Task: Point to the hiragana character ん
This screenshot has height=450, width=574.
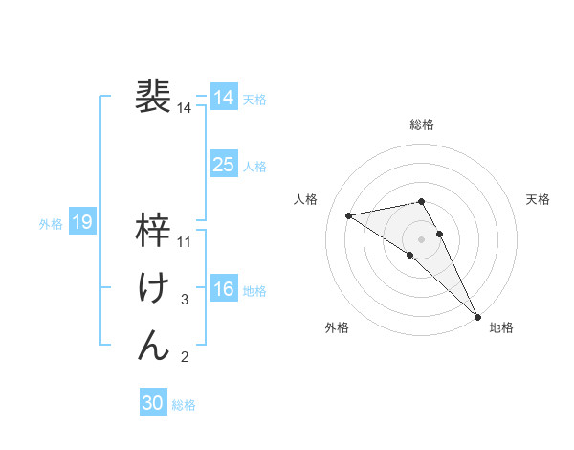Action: (154, 345)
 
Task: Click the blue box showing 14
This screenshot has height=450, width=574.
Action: (224, 98)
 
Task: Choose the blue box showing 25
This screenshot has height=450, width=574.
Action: (224, 165)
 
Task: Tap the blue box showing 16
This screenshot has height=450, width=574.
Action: (224, 289)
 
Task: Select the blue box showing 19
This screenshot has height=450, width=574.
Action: (82, 223)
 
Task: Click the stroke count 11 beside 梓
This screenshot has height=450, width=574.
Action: (185, 242)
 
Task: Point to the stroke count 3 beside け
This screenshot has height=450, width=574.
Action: (185, 300)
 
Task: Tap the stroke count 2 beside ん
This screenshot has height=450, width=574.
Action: (185, 357)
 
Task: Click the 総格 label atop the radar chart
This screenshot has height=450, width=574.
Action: (422, 124)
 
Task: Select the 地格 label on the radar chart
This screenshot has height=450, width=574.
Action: (501, 327)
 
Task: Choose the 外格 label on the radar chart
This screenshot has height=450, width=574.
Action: (337, 327)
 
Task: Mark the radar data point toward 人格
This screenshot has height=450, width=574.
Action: (349, 215)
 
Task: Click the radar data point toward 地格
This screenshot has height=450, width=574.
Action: (477, 315)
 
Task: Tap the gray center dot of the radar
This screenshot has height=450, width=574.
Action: (422, 238)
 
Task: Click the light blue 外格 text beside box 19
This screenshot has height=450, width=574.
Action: (51, 224)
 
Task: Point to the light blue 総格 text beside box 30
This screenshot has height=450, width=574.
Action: (184, 405)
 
